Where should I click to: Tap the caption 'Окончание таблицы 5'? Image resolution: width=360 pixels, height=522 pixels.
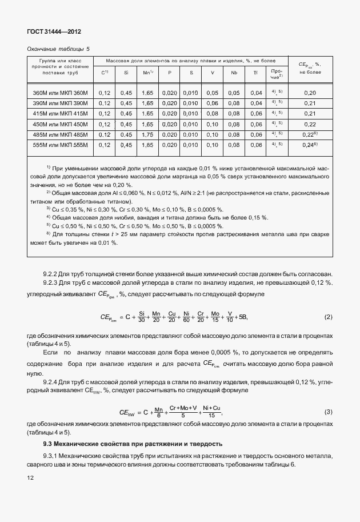coord(58,49)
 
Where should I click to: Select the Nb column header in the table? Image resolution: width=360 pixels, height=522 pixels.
coord(234,73)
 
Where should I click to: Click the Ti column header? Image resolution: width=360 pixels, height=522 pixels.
coord(255,73)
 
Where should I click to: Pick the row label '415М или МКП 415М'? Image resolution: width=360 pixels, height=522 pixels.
coord(61,114)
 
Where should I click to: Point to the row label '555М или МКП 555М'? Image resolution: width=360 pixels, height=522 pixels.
coord(61,145)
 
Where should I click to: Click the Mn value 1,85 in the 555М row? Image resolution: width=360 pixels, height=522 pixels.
coord(147,145)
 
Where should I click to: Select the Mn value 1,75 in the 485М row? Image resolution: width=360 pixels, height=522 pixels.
coord(147,135)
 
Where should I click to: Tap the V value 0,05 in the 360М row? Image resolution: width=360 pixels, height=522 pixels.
coord(212,93)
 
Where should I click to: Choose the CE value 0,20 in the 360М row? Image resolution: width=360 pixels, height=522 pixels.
coord(310,93)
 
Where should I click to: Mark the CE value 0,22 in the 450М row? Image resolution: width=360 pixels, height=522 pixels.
coord(310,124)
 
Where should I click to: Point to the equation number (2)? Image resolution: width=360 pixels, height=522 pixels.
coord(328,317)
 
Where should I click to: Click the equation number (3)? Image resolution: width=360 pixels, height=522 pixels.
coord(328,412)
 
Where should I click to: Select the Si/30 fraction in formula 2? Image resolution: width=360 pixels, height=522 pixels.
coord(142,317)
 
